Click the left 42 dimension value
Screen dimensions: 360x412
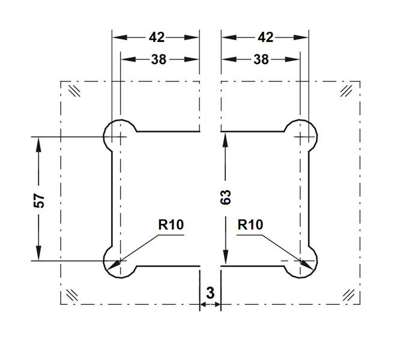(156, 37)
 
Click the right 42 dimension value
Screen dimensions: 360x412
(265, 37)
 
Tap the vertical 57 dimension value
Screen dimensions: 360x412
(39, 200)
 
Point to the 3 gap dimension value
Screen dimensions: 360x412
(210, 293)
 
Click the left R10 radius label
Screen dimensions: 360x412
(171, 225)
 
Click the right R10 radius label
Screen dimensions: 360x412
(250, 225)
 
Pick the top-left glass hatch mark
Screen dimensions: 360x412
(75, 91)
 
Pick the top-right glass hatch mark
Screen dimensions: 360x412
(346, 91)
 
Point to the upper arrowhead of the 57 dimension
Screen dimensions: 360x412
(38, 143)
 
